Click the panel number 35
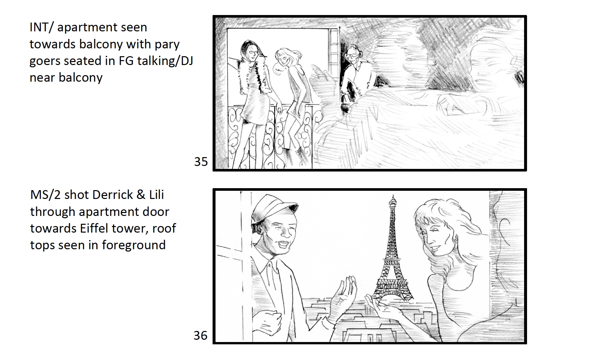[201, 162]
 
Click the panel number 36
[200, 335]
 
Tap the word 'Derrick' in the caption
[113, 195]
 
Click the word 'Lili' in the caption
[157, 195]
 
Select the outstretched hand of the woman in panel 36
[380, 307]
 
